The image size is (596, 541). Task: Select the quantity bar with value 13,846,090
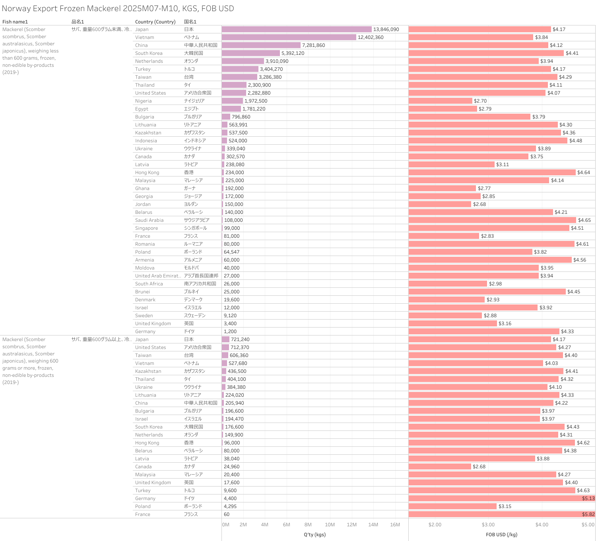tap(297, 29)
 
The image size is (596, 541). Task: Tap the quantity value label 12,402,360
tap(371, 37)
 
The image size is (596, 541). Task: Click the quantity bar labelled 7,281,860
tap(261, 45)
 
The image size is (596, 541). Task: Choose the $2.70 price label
tap(480, 101)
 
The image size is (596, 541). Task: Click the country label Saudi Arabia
tap(149, 220)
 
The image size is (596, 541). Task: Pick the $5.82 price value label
tap(588, 514)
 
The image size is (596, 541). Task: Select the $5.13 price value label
tap(588, 498)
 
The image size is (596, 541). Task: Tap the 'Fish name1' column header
tap(15, 22)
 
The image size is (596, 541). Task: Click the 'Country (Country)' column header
tap(155, 22)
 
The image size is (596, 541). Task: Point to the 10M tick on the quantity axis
tap(330, 525)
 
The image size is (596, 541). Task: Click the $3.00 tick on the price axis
tap(488, 525)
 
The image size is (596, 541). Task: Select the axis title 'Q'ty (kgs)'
tap(315, 535)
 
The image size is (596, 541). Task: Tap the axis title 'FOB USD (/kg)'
tap(501, 535)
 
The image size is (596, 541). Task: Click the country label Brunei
tap(142, 292)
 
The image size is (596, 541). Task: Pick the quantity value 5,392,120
tap(293, 53)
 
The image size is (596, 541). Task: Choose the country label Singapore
tap(146, 228)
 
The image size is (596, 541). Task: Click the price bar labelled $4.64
tap(492, 173)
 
